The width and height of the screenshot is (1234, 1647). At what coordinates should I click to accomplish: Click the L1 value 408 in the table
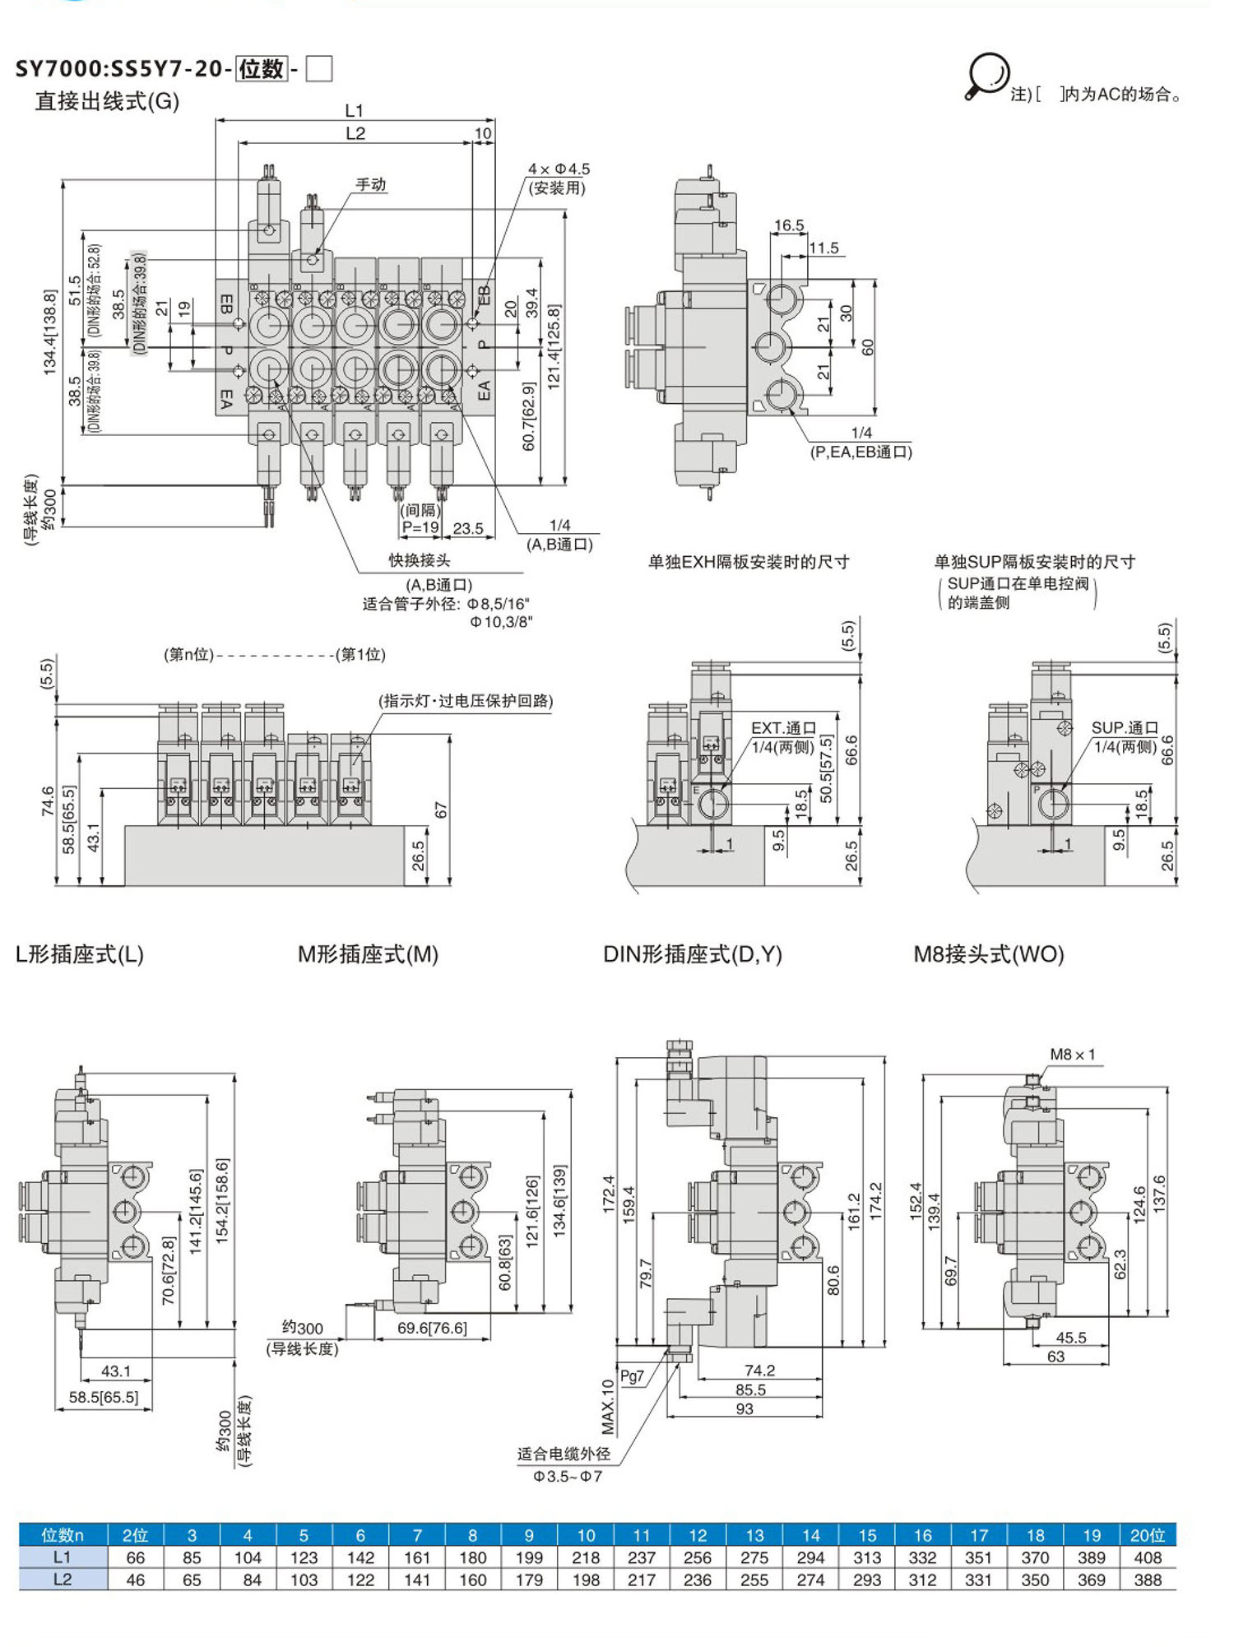pyautogui.click(x=1147, y=1557)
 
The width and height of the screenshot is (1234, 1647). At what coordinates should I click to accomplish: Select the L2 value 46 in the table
pyautogui.click(x=135, y=1580)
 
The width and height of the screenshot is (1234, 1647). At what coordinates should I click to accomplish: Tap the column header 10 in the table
pyautogui.click(x=586, y=1535)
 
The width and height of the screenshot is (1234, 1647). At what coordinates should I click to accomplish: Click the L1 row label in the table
pyautogui.click(x=63, y=1557)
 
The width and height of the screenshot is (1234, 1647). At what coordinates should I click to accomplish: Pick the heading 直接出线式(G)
pyautogui.click(x=107, y=101)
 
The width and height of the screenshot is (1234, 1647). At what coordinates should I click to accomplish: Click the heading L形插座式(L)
pyautogui.click(x=80, y=954)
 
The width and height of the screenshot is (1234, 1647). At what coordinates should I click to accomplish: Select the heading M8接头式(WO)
pyautogui.click(x=989, y=954)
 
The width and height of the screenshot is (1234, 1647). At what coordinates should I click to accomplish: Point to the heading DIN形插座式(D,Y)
pyautogui.click(x=693, y=954)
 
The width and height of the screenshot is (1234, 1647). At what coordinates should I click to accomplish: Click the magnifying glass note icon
pyautogui.click(x=986, y=77)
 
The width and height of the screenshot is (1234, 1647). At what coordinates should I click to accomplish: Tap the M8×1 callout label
pyautogui.click(x=1072, y=1055)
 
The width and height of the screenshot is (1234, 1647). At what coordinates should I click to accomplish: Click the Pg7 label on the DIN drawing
pyautogui.click(x=632, y=1376)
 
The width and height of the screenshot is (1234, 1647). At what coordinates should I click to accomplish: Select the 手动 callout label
pyautogui.click(x=371, y=184)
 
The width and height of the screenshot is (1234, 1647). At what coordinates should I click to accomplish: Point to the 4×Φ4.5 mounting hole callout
pyautogui.click(x=559, y=169)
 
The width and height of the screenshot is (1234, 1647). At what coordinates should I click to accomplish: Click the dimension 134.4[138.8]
pyautogui.click(x=50, y=332)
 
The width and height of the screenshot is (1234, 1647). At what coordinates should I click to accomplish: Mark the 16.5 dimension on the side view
pyautogui.click(x=789, y=225)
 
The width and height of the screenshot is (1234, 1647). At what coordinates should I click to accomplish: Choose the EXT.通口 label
pyautogui.click(x=783, y=728)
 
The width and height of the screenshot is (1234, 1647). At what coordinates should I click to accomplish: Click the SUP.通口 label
pyautogui.click(x=1125, y=728)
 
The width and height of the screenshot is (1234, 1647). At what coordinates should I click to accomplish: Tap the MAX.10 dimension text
pyautogui.click(x=608, y=1407)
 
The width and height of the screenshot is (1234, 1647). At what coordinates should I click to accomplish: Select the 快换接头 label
pyautogui.click(x=420, y=560)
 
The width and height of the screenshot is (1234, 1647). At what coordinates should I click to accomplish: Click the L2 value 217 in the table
pyautogui.click(x=642, y=1580)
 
